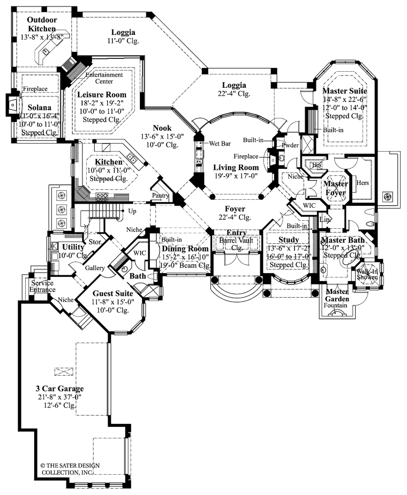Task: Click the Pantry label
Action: [x=160, y=196]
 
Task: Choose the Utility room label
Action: [x=71, y=246]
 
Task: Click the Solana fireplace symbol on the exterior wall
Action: [x=11, y=105]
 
